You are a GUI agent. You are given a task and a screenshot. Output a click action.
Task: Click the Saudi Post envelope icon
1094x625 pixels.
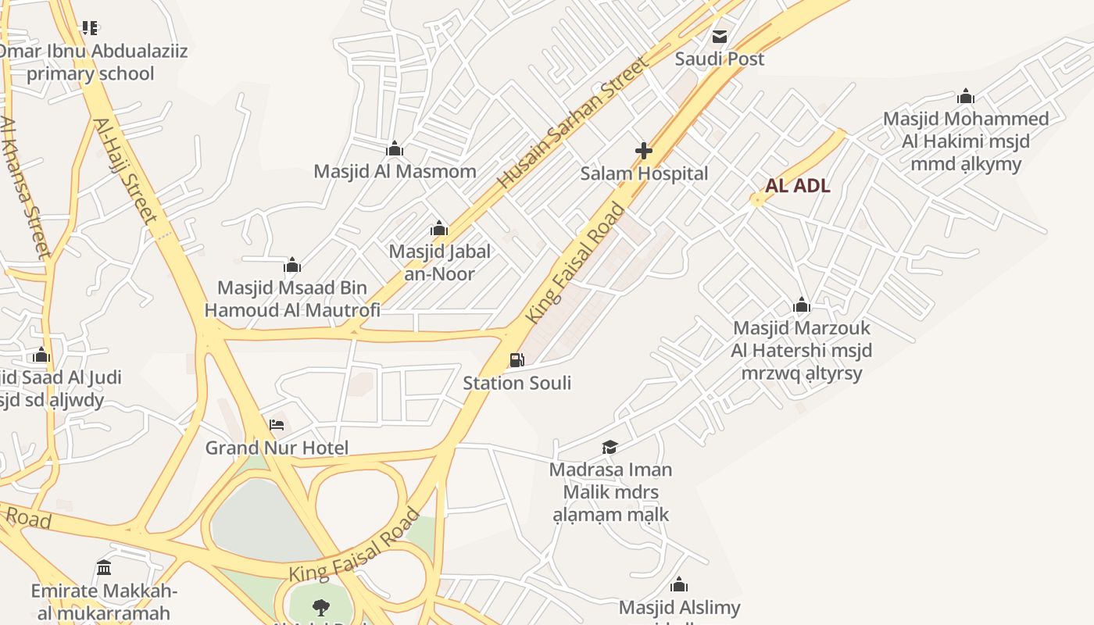[x=719, y=36]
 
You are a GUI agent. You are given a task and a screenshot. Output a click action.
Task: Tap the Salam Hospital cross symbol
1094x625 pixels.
[x=644, y=150]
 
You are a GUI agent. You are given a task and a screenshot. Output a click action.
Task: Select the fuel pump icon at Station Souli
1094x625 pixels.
[x=517, y=360]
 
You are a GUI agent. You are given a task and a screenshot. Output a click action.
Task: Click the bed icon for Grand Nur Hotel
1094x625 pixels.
[x=277, y=425]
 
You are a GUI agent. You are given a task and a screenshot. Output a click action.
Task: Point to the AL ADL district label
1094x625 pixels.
[x=797, y=186]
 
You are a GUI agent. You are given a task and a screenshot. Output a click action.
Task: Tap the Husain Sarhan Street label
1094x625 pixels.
[x=574, y=123]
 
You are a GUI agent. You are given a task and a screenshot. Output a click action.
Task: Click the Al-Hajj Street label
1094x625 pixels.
[x=125, y=170]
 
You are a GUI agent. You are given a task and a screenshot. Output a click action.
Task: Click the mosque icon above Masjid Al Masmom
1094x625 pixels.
[x=395, y=148]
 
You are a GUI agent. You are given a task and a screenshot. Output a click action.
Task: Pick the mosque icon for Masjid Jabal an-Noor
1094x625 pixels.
[x=439, y=228]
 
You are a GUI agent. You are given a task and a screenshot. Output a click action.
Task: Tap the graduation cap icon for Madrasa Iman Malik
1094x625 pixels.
[x=610, y=447]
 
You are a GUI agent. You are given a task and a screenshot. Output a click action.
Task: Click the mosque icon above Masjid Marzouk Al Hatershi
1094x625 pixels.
[x=801, y=305]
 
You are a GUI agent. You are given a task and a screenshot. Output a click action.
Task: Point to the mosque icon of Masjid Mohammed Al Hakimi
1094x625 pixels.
[x=966, y=96]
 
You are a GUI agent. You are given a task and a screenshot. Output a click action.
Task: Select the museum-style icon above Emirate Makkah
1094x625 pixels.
[x=104, y=567]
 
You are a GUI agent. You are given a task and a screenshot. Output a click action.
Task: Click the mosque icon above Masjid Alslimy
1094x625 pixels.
[x=679, y=584]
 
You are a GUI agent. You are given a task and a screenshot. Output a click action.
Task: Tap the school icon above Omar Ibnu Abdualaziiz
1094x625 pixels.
[x=90, y=28]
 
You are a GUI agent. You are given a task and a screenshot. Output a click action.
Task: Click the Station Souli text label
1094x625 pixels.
[x=517, y=383]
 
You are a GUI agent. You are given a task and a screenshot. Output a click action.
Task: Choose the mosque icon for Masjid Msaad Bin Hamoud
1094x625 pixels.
[x=292, y=265]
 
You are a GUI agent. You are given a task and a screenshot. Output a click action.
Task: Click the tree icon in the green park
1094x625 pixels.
[x=320, y=607]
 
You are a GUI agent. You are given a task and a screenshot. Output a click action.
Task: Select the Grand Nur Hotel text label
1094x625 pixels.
[x=277, y=448]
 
